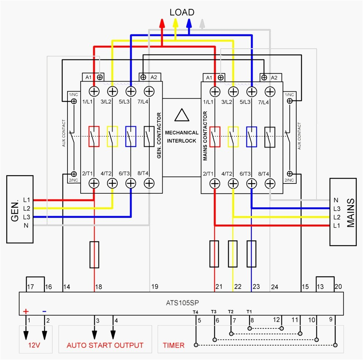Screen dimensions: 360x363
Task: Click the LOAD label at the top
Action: [181, 12]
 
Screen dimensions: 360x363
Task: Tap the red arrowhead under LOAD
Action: [162, 23]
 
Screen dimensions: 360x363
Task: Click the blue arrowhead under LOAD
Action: [189, 23]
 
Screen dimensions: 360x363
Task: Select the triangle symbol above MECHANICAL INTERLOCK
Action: [181, 115]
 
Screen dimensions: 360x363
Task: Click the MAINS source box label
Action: [351, 213]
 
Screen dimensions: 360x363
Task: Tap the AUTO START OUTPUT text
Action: [105, 345]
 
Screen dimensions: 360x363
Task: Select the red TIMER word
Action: [173, 345]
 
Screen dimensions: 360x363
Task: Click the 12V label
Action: [35, 345]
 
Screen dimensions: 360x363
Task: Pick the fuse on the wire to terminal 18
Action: [94, 254]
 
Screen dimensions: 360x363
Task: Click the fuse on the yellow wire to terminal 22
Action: [232, 254]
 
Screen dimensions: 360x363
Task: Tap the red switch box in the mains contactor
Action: [215, 137]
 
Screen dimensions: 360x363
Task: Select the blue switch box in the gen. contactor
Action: [131, 136]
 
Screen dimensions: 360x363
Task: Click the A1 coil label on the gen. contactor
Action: [88, 77]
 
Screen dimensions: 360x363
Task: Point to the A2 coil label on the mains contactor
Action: [274, 77]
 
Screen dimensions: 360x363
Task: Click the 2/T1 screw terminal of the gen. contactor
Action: [95, 183]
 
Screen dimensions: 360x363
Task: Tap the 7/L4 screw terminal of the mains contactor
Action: [270, 91]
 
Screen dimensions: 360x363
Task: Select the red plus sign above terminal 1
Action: [26, 312]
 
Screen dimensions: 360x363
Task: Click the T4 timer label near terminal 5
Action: [195, 312]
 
